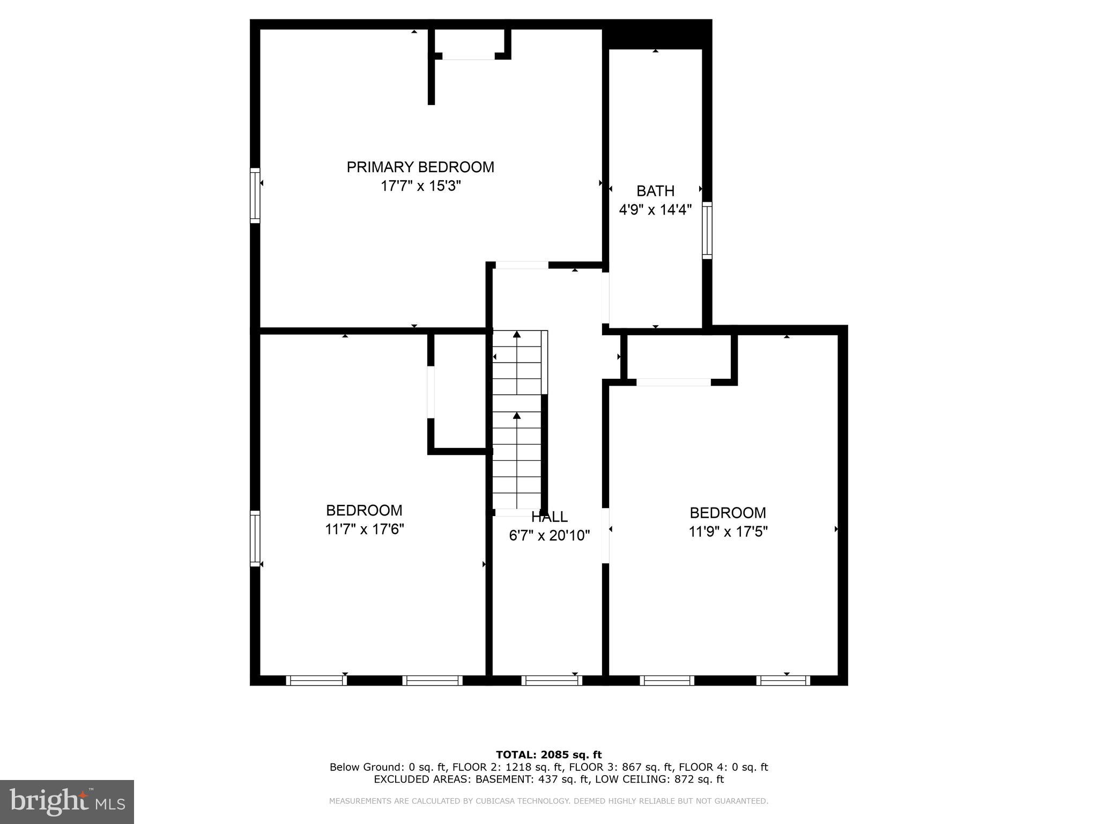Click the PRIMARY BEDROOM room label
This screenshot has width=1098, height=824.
click(420, 167)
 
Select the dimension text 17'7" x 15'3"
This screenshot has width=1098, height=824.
click(420, 186)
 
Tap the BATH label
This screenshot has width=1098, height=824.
click(655, 191)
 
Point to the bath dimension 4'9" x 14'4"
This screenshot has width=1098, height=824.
click(655, 210)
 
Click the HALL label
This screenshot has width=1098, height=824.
click(549, 517)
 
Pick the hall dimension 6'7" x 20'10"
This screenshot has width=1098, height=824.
click(549, 535)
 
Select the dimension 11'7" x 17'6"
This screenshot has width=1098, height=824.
click(364, 529)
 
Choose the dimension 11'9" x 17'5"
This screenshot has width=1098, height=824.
click(728, 532)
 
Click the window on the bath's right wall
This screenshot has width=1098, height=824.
click(707, 230)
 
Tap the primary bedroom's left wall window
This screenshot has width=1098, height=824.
click(255, 195)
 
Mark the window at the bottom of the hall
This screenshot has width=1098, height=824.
click(551, 680)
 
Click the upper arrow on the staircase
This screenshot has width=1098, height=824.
click(516, 335)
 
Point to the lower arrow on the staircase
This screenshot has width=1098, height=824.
click(516, 415)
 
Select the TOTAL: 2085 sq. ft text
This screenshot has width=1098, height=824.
click(548, 755)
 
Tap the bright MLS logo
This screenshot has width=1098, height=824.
click(67, 801)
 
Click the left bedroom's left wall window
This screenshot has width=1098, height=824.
click(255, 538)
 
